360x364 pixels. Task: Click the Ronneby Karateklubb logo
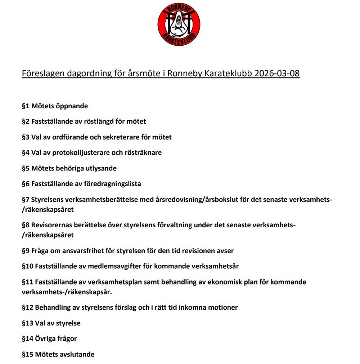(179, 25)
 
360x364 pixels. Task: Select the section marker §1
(26, 106)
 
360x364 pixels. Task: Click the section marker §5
(26, 168)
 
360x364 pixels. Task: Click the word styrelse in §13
(68, 323)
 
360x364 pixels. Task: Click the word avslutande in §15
(77, 354)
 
